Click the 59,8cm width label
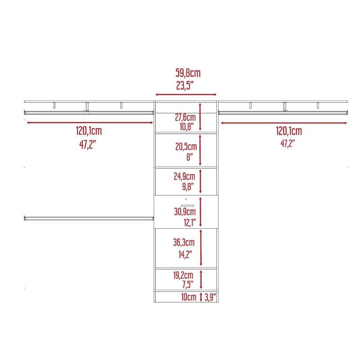pyautogui.click(x=188, y=73)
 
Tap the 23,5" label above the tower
pyautogui.click(x=185, y=85)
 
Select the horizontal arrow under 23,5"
pyautogui.click(x=186, y=94)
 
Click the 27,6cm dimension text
pyautogui.click(x=185, y=117)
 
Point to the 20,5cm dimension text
pyautogui.click(x=186, y=147)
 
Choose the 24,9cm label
pyautogui.click(x=184, y=176)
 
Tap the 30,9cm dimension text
pyautogui.click(x=185, y=211)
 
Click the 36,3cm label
pyautogui.click(x=184, y=242)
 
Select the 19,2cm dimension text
pyautogui.click(x=183, y=275)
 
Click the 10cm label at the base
pyautogui.click(x=189, y=297)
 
